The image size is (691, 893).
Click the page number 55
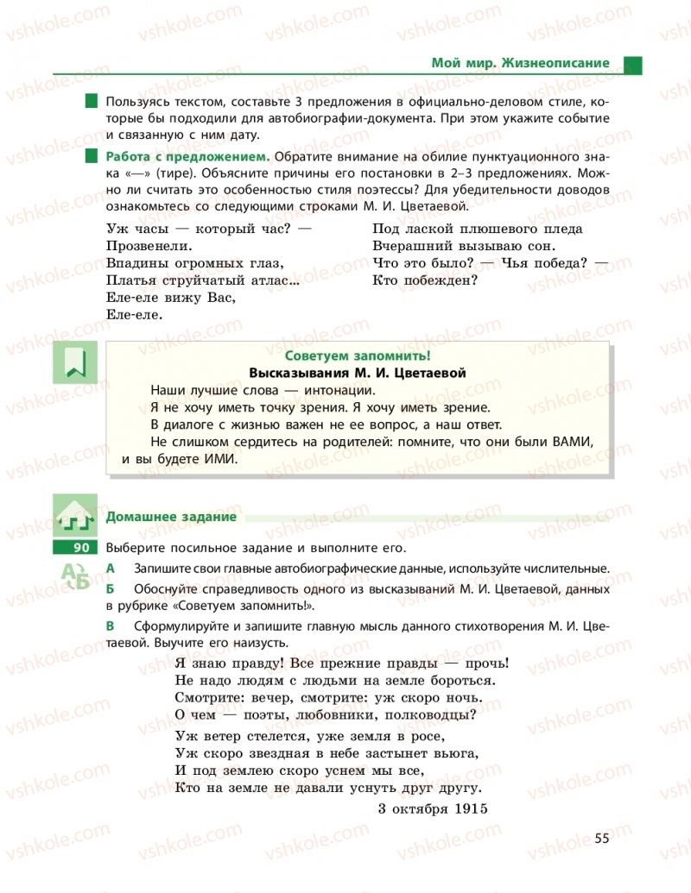[x=602, y=838]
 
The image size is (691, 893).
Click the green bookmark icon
[x=76, y=362]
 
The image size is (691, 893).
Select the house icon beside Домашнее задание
[x=76, y=516]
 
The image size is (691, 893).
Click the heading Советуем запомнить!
[x=357, y=356]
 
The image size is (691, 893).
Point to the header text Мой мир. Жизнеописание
[x=521, y=63]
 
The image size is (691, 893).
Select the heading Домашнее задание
[x=171, y=517]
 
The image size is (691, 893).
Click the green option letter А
[x=110, y=568]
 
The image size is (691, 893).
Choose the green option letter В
[x=110, y=627]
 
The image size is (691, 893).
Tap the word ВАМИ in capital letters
[x=572, y=442]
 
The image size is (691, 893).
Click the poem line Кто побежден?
[x=425, y=280]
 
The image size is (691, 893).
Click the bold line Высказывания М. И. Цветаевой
[x=357, y=373]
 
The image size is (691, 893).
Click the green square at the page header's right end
[x=632, y=64]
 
